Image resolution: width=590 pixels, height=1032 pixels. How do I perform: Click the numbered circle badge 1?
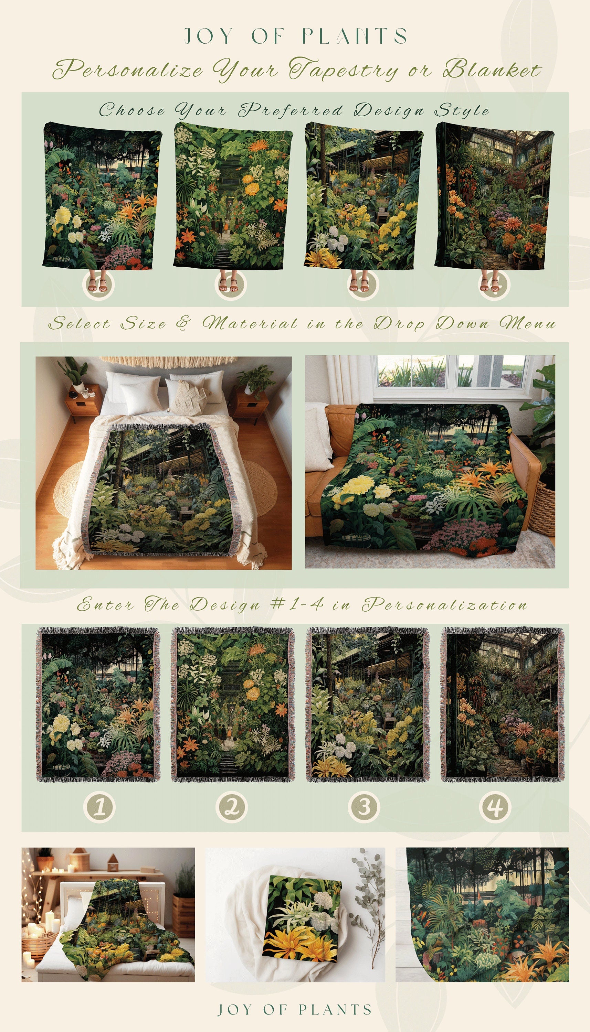[x=99, y=806]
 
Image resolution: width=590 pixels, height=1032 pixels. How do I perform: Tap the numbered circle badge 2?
[x=231, y=806]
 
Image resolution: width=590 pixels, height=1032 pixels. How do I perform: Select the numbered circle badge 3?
[x=364, y=806]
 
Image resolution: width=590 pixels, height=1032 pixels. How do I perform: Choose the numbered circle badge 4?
[x=495, y=806]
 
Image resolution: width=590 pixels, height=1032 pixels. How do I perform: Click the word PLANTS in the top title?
[x=354, y=36]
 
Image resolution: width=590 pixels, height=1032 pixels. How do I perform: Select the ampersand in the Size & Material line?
[x=183, y=323]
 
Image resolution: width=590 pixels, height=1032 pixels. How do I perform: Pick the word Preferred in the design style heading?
[x=290, y=110]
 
